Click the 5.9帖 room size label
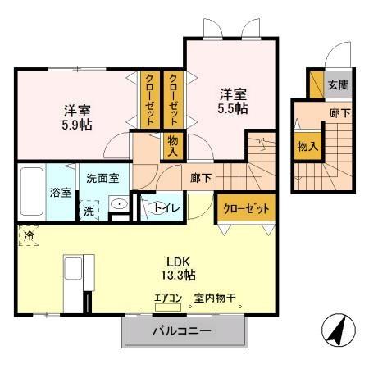(71, 117)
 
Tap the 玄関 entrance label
(337, 84)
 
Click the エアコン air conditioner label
(166, 298)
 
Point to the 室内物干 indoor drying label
(214, 298)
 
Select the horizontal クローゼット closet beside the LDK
(245, 209)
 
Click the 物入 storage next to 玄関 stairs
(307, 146)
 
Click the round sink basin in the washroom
(118, 205)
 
